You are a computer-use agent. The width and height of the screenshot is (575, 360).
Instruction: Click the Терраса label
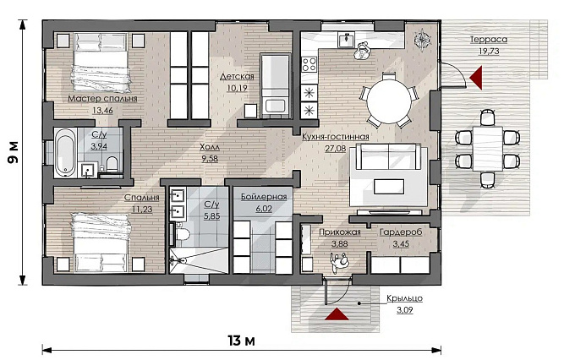tap(489, 40)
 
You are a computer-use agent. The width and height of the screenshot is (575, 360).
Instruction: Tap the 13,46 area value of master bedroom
tap(102, 111)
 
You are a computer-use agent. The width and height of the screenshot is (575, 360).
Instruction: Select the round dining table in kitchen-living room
tap(389, 101)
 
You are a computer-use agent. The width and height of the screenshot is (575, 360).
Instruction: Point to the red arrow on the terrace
tap(475, 78)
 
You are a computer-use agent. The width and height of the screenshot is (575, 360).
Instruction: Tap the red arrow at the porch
tap(337, 314)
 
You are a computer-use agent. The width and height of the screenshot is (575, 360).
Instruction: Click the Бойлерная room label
tap(264, 197)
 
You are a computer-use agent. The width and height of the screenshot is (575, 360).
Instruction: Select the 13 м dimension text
tap(241, 341)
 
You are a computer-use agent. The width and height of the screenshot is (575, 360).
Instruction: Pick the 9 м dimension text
tap(14, 152)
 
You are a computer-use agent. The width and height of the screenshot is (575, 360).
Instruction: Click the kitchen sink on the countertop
tap(346, 40)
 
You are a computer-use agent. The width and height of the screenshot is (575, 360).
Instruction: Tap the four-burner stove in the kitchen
tap(309, 64)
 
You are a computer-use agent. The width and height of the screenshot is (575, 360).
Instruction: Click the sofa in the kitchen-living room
tap(389, 156)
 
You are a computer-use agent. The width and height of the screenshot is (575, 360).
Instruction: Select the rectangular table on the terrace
tap(487, 149)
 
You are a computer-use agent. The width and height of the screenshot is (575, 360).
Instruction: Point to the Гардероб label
tap(401, 232)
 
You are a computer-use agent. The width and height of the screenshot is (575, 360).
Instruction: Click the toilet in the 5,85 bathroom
tap(182, 234)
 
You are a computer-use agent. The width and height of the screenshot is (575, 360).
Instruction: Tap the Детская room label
tap(237, 77)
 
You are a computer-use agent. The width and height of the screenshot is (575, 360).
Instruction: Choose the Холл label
tap(210, 147)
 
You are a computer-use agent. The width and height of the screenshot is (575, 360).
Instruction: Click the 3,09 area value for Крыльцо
tap(404, 310)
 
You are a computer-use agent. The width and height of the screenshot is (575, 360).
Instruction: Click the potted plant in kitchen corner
tap(422, 39)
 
